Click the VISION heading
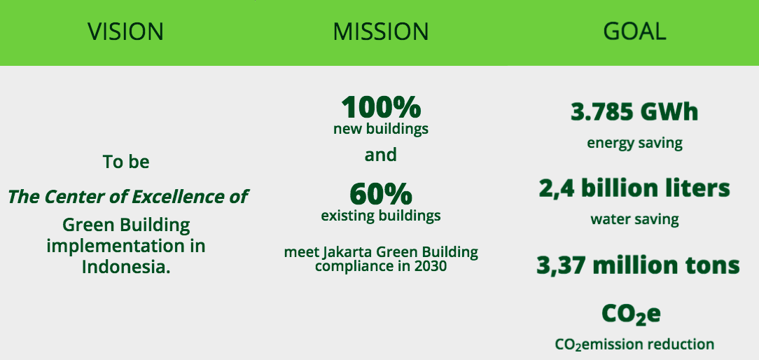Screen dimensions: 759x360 [125, 32]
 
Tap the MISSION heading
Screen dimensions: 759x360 [380, 32]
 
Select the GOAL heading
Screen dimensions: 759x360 [634, 32]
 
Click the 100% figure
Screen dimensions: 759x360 [381, 107]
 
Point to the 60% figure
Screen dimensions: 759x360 [381, 194]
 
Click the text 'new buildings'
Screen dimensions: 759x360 [381, 129]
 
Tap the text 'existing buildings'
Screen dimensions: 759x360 [381, 216]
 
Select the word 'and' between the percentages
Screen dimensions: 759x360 [380, 155]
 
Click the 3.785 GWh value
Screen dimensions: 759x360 [634, 112]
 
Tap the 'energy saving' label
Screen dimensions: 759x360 [634, 144]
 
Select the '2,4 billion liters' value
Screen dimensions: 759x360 [634, 188]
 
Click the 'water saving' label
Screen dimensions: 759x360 [634, 219]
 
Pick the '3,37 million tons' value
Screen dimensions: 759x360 [638, 265]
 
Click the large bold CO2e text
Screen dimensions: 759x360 [631, 314]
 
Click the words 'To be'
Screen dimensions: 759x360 [126, 162]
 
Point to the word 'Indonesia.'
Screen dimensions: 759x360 [126, 267]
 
